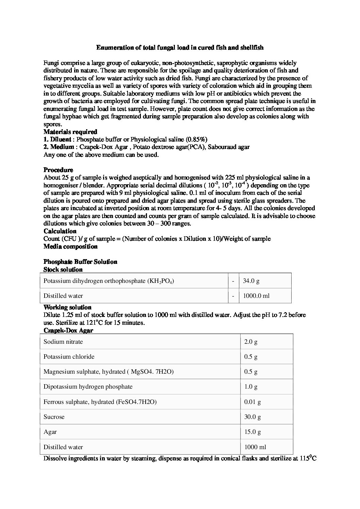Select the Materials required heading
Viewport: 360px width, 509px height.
coord(70,132)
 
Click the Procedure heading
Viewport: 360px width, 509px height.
coord(58,170)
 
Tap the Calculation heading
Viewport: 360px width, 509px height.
coord(60,231)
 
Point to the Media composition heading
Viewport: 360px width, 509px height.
coord(70,247)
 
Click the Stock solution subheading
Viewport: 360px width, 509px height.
coord(63,270)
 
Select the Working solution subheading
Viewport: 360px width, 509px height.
coord(67,307)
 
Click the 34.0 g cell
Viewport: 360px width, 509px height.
coord(251,281)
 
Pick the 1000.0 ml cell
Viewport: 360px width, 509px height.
coord(256,296)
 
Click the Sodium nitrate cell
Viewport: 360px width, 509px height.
coord(63,341)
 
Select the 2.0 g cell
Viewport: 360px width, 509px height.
coord(251,341)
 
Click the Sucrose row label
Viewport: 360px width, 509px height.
coord(54,417)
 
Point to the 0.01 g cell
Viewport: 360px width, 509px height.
coord(252,402)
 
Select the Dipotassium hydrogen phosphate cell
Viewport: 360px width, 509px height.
coord(88,387)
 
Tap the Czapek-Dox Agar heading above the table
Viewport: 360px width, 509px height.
coord(68,330)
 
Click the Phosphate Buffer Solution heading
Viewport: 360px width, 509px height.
coord(80,262)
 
